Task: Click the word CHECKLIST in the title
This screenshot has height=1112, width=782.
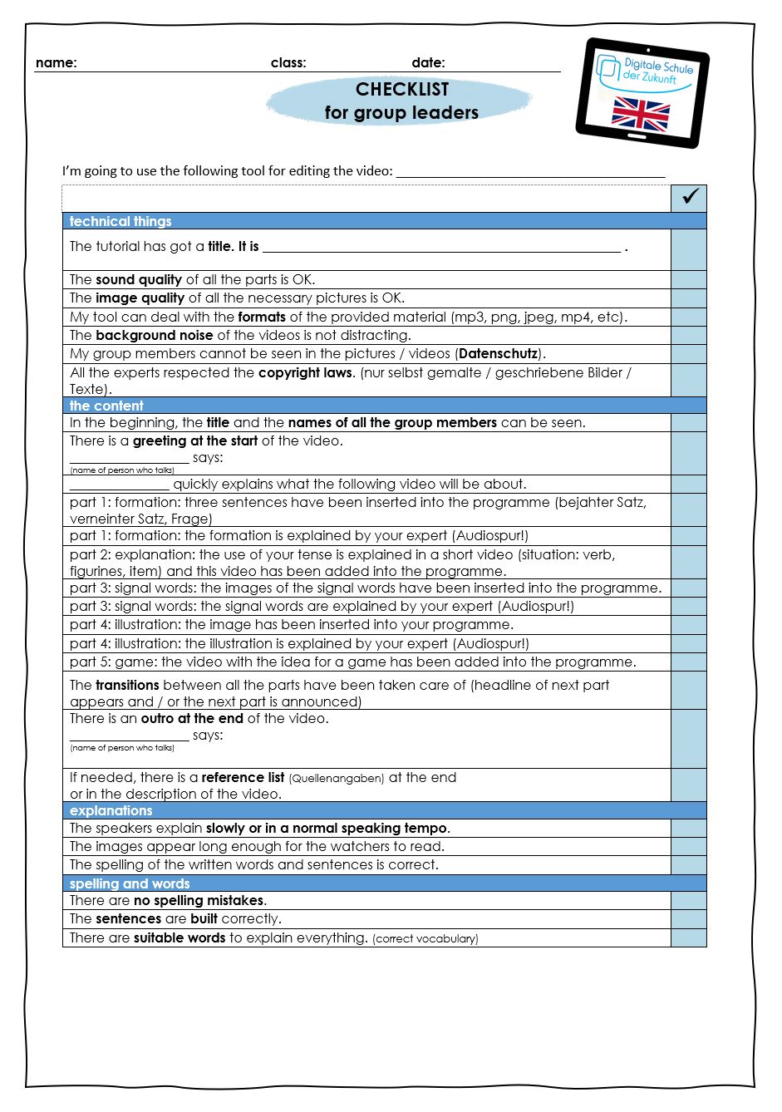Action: point(401,90)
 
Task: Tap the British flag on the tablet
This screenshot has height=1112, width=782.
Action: point(640,115)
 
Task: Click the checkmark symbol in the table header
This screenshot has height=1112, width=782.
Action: point(689,197)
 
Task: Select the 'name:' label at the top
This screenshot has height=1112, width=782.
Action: point(56,62)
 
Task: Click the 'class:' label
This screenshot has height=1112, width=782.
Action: point(288,62)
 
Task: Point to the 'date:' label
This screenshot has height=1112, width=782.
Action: point(428,62)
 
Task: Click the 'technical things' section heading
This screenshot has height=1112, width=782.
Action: point(120,221)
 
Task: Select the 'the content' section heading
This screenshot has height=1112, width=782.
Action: point(106,406)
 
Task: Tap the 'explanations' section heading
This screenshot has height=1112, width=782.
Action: point(111,810)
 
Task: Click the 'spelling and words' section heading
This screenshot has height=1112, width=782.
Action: point(130,883)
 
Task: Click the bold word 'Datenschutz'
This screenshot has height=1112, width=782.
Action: point(498,353)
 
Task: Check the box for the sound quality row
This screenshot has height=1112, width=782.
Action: point(688,279)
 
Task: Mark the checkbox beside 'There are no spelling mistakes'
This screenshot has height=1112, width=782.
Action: point(688,900)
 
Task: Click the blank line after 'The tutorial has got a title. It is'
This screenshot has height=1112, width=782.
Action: point(441,248)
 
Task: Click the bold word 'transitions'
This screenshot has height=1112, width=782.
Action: point(127,685)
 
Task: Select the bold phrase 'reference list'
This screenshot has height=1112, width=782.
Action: point(243,777)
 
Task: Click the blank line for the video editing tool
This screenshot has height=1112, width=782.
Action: point(530,173)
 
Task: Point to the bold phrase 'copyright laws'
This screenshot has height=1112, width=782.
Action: point(305,372)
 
